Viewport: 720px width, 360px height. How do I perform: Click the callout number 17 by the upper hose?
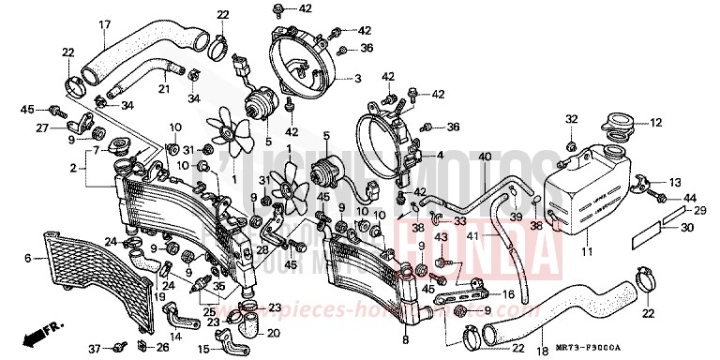point(104,24)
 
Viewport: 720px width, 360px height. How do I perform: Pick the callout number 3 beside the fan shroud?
point(358,78)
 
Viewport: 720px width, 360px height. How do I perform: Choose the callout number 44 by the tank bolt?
point(691,198)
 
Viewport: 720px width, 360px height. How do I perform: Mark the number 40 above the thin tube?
point(484,156)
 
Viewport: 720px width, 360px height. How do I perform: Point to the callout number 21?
point(162,89)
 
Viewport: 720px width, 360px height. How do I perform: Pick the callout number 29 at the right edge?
point(698,211)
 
